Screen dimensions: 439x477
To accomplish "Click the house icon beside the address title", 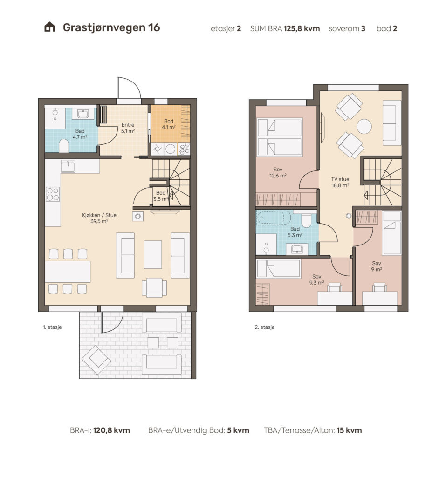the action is point(49,27).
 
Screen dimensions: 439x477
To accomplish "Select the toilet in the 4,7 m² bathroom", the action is point(64,146).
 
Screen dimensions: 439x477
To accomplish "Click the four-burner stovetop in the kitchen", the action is point(53,194).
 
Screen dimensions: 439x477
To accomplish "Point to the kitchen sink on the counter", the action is point(68,166).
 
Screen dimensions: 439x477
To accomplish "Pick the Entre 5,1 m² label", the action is point(128,128).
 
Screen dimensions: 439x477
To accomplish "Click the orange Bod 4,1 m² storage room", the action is point(171,123).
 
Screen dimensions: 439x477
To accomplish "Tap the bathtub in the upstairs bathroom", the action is point(274,218).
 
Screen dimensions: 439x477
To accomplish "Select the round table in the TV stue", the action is point(364,127).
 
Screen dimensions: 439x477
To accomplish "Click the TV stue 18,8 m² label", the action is point(340,182).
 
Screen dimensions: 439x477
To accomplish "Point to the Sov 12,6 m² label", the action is point(278,172).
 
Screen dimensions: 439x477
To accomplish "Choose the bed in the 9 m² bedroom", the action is point(392,233).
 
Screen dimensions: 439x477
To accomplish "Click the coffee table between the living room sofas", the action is point(153,254).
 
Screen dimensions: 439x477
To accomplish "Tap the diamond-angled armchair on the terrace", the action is point(96,360).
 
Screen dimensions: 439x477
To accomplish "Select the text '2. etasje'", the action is point(265,327).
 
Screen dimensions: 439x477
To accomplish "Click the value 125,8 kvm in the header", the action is point(302,28).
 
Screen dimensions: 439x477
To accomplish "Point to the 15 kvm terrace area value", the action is point(349,430).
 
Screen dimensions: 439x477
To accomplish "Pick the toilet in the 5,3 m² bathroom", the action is point(306,220).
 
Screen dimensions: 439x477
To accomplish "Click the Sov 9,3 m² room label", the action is point(316,279).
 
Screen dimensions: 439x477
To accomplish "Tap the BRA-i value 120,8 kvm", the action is point(111,430).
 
